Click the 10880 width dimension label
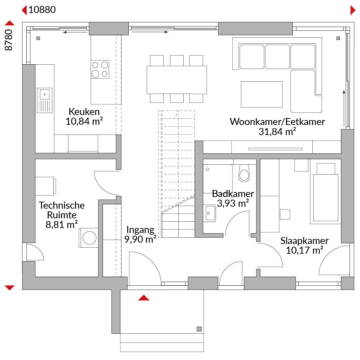click(x=42, y=10)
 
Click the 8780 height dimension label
click(x=8, y=40)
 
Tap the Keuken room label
click(x=84, y=112)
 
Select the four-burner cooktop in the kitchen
click(x=100, y=69)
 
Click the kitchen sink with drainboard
click(x=45, y=100)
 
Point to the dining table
click(x=177, y=80)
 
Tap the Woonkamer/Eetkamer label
click(x=277, y=122)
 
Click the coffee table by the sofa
click(x=262, y=94)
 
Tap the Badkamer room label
click(x=233, y=194)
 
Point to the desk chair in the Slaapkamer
click(x=285, y=214)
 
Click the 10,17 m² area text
click(x=305, y=250)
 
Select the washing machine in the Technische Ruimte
click(x=89, y=238)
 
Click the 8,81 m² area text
click(x=62, y=225)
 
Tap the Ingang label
click(x=140, y=230)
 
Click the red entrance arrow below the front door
click(x=144, y=298)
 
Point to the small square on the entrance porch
click(x=199, y=329)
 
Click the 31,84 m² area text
click(x=277, y=132)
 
